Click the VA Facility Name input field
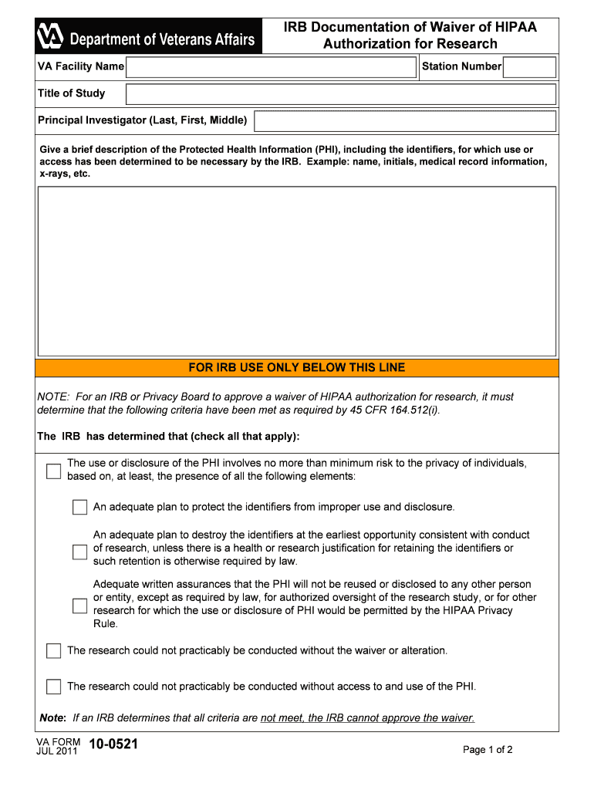tap(272, 67)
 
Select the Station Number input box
tap(529, 67)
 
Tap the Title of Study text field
tap(340, 94)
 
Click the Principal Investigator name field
tap(404, 121)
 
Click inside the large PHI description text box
tap(297, 271)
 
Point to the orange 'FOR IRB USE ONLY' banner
tap(297, 368)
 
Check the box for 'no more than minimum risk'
tap(53, 471)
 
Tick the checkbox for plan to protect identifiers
tap(79, 507)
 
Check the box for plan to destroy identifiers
tap(79, 552)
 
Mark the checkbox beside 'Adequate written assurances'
tap(79, 606)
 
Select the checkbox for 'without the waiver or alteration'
tap(53, 650)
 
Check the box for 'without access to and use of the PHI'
tap(53, 686)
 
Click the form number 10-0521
tap(113, 745)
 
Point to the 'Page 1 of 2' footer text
tap(488, 750)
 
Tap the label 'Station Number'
tap(461, 66)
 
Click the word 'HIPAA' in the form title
tap(508, 27)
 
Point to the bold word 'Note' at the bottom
tap(52, 717)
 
